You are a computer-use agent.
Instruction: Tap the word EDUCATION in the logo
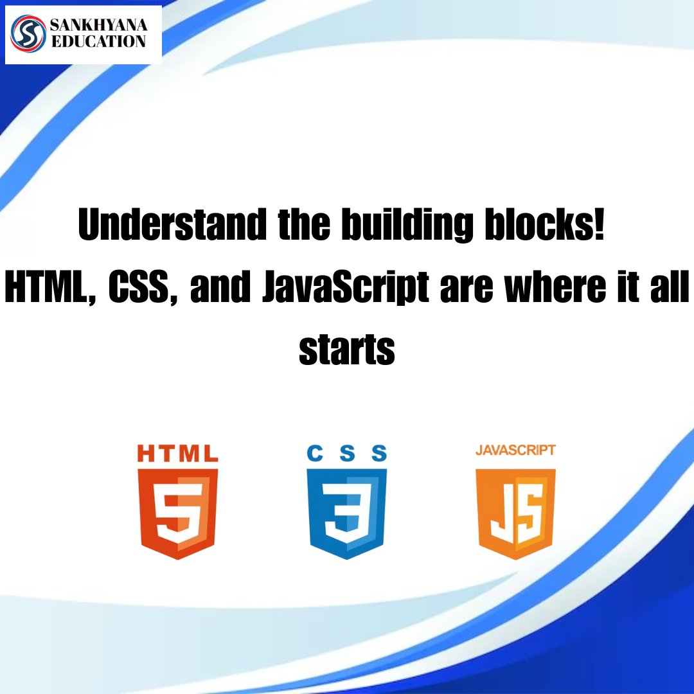coord(98,42)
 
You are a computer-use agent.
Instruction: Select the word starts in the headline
coord(347,351)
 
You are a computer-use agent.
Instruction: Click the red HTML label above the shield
coord(178,454)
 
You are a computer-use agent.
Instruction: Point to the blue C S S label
coord(347,454)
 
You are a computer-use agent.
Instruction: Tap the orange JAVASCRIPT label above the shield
coord(515,450)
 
